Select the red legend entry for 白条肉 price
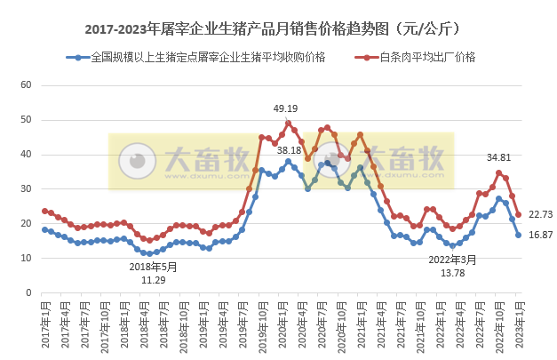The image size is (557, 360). pos(426,58)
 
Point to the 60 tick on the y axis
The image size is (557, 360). pos(26,85)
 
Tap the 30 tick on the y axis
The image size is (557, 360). pos(26,188)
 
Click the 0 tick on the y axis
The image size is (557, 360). pos(28,292)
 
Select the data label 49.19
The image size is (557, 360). pos(285,108)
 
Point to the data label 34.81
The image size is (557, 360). pos(498,157)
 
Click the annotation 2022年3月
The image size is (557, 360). pos(453,260)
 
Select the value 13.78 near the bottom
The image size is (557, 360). pos(453,273)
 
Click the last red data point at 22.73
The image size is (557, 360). pos(518,214)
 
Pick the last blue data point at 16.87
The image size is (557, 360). pos(518,235)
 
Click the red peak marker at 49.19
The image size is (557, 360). pos(288,123)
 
